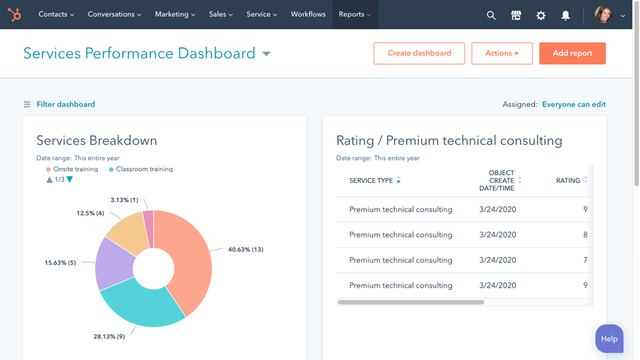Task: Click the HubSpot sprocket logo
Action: coord(15,15)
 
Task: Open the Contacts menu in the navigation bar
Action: coord(56,15)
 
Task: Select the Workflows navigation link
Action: coord(308,15)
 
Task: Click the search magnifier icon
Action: coord(491,15)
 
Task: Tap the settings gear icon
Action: coord(540,15)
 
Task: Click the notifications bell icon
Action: coord(566,15)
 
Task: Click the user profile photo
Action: coord(603,15)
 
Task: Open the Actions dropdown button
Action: coord(502,54)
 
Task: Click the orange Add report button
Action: coord(572,54)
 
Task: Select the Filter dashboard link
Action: coord(65,104)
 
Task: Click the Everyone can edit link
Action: coord(574,104)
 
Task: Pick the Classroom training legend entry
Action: coord(144,170)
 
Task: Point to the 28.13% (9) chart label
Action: coord(109,336)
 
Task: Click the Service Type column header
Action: coord(371,181)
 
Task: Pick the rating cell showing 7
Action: coord(585,260)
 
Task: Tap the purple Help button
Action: coord(609,339)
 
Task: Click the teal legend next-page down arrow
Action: coord(70,179)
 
